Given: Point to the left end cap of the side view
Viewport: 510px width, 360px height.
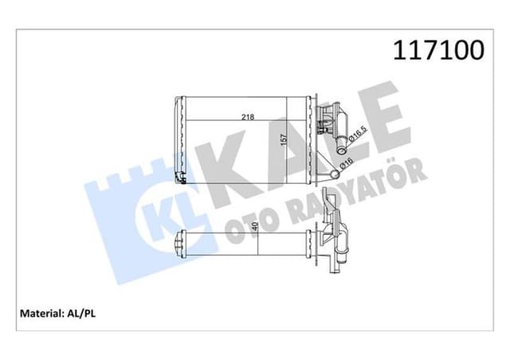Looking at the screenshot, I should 180,242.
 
